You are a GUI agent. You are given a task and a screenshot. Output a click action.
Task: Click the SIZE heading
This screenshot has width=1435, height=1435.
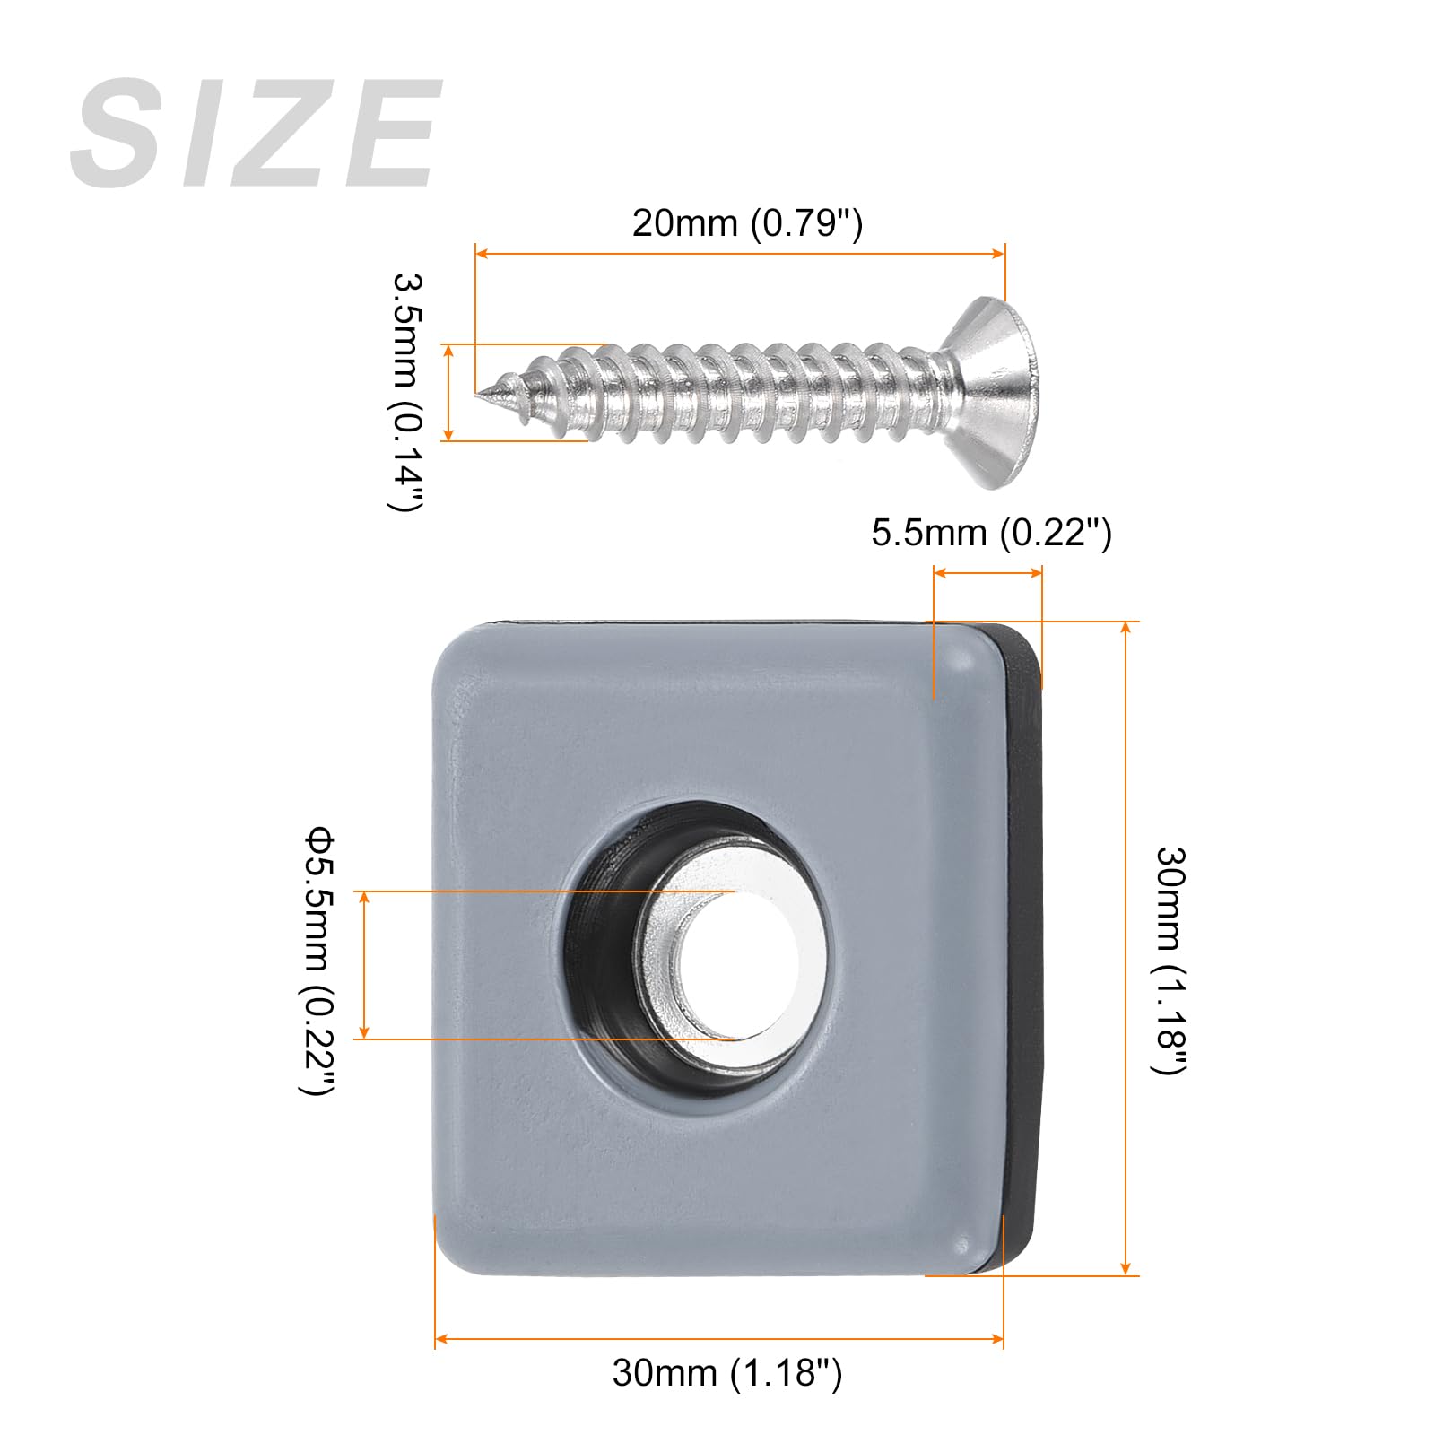pos(257,133)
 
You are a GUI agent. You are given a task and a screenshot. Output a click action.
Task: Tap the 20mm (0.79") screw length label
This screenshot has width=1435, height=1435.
pos(747,222)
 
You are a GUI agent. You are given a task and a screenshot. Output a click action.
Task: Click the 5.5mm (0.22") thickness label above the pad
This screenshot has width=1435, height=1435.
pos(991,533)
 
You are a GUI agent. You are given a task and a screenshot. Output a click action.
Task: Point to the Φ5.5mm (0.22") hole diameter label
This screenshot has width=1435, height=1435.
pos(318,962)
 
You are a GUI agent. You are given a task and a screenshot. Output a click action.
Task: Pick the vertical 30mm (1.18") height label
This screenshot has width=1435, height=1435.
pos(1170,960)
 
